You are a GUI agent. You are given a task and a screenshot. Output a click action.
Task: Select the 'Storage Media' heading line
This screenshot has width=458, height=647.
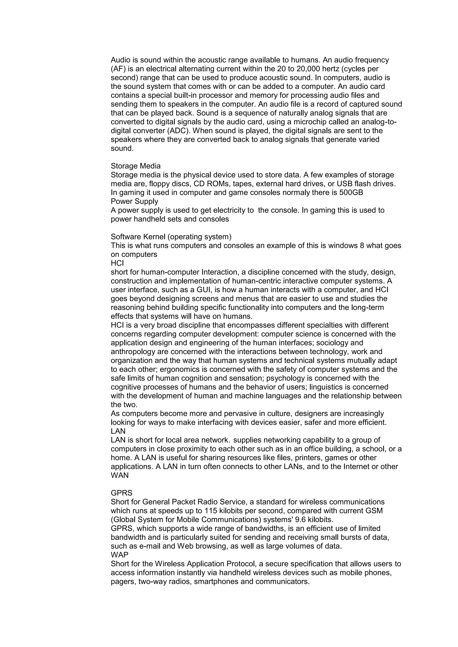tap(136, 166)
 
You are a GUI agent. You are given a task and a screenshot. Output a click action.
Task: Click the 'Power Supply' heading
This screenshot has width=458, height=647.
tap(135, 202)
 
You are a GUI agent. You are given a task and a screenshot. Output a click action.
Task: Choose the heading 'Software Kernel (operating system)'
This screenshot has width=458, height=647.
tap(171, 237)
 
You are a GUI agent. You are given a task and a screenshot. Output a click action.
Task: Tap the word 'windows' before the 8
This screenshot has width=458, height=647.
tap(343, 246)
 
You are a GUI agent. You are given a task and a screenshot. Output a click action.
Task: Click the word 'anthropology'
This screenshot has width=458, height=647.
tap(134, 352)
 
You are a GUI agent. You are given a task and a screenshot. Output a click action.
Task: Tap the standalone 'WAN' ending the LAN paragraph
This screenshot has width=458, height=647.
tap(120, 475)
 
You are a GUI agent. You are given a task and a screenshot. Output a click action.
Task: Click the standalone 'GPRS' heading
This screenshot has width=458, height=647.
tap(122, 493)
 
